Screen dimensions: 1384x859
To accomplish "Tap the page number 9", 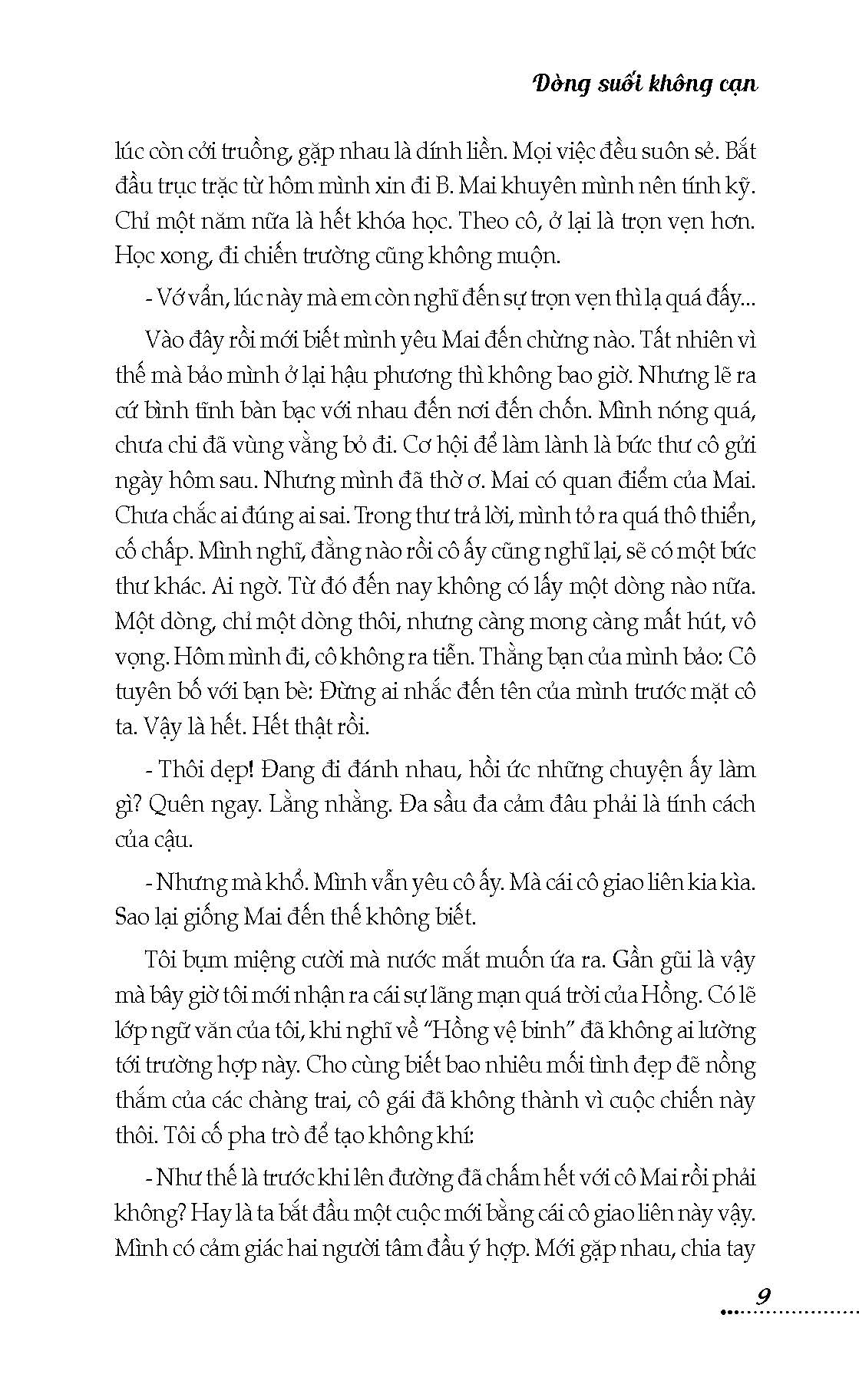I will tap(762, 1297).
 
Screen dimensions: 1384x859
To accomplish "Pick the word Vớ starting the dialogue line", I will tap(170, 298).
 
